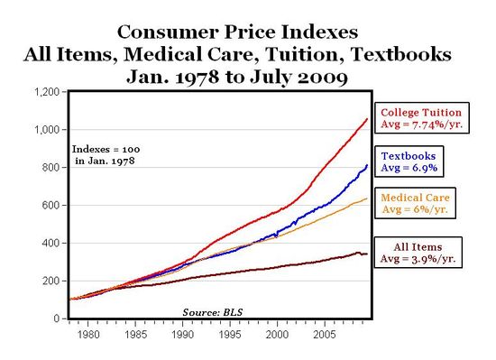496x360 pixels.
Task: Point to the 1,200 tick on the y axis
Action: pyautogui.click(x=46, y=92)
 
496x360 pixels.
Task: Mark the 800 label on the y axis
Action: pyautogui.click(x=51, y=168)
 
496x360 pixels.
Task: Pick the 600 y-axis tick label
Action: pyautogui.click(x=51, y=206)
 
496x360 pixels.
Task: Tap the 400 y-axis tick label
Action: pyautogui.click(x=51, y=244)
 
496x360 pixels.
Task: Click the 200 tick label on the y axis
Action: pyautogui.click(x=51, y=282)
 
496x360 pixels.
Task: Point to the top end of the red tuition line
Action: pyautogui.click(x=367, y=119)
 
